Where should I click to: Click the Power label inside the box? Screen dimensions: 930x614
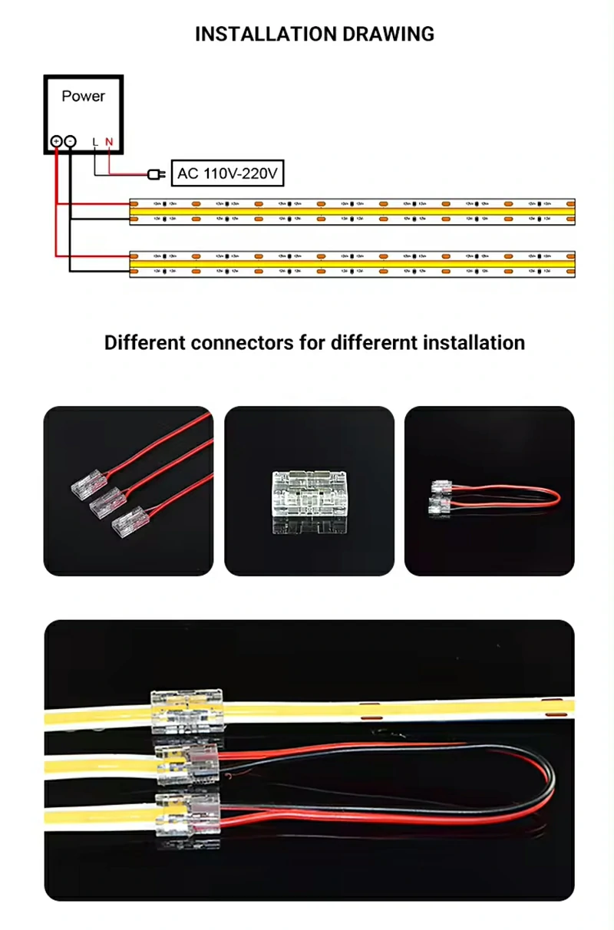point(83,97)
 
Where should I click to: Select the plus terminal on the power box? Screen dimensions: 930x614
point(56,141)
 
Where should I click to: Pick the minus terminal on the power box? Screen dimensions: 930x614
point(70,141)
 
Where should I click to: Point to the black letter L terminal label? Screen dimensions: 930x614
point(95,142)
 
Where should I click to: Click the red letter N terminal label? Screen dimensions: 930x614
point(109,142)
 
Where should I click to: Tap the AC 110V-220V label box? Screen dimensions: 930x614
point(226,174)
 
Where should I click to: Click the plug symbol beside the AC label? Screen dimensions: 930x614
point(156,174)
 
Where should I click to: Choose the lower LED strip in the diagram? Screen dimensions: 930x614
point(352,263)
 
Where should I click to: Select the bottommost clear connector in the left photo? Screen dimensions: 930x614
point(127,526)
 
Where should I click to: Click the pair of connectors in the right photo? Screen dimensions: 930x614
point(441,496)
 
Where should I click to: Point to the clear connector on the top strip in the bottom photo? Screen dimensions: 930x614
point(187,710)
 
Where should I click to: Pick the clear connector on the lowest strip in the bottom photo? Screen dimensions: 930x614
point(187,813)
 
